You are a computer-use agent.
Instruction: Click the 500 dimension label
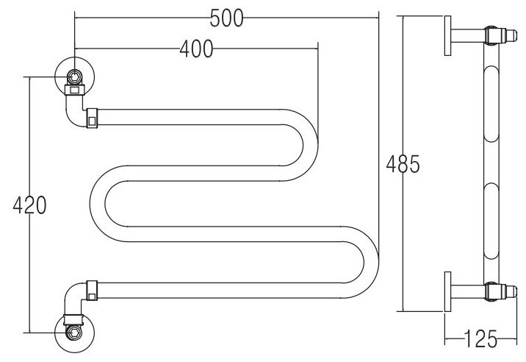[x=226, y=20]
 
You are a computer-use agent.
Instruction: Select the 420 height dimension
[x=30, y=205]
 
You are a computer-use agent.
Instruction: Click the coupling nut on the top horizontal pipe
[x=92, y=117]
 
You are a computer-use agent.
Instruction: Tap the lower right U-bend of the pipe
[x=367, y=260]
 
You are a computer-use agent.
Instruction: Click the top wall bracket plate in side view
[x=447, y=36]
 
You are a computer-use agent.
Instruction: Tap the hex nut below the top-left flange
[x=74, y=90]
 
